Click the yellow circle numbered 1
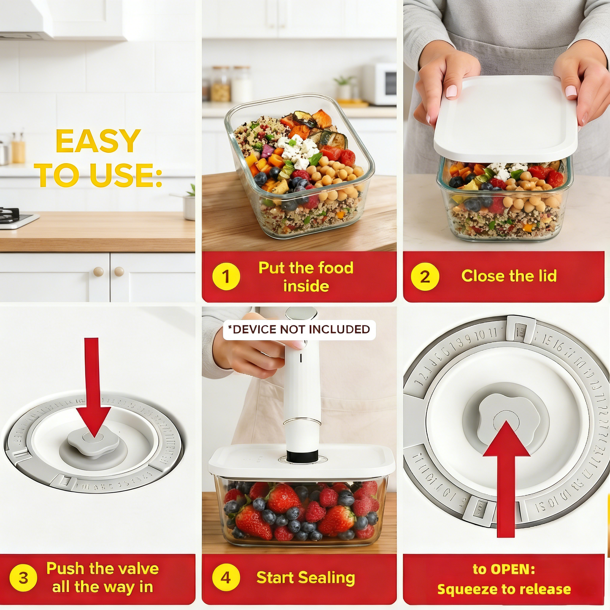pos(226,277)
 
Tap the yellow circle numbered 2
pos(425,277)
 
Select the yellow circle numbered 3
pos(23,577)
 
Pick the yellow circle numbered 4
pos(226,577)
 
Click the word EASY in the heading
pos(98,141)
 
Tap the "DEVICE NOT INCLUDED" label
pos(299,329)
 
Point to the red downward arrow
pos(93,388)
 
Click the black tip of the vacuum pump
pos(302,456)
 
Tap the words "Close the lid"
pos(509,276)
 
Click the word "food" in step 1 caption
pos(336,268)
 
